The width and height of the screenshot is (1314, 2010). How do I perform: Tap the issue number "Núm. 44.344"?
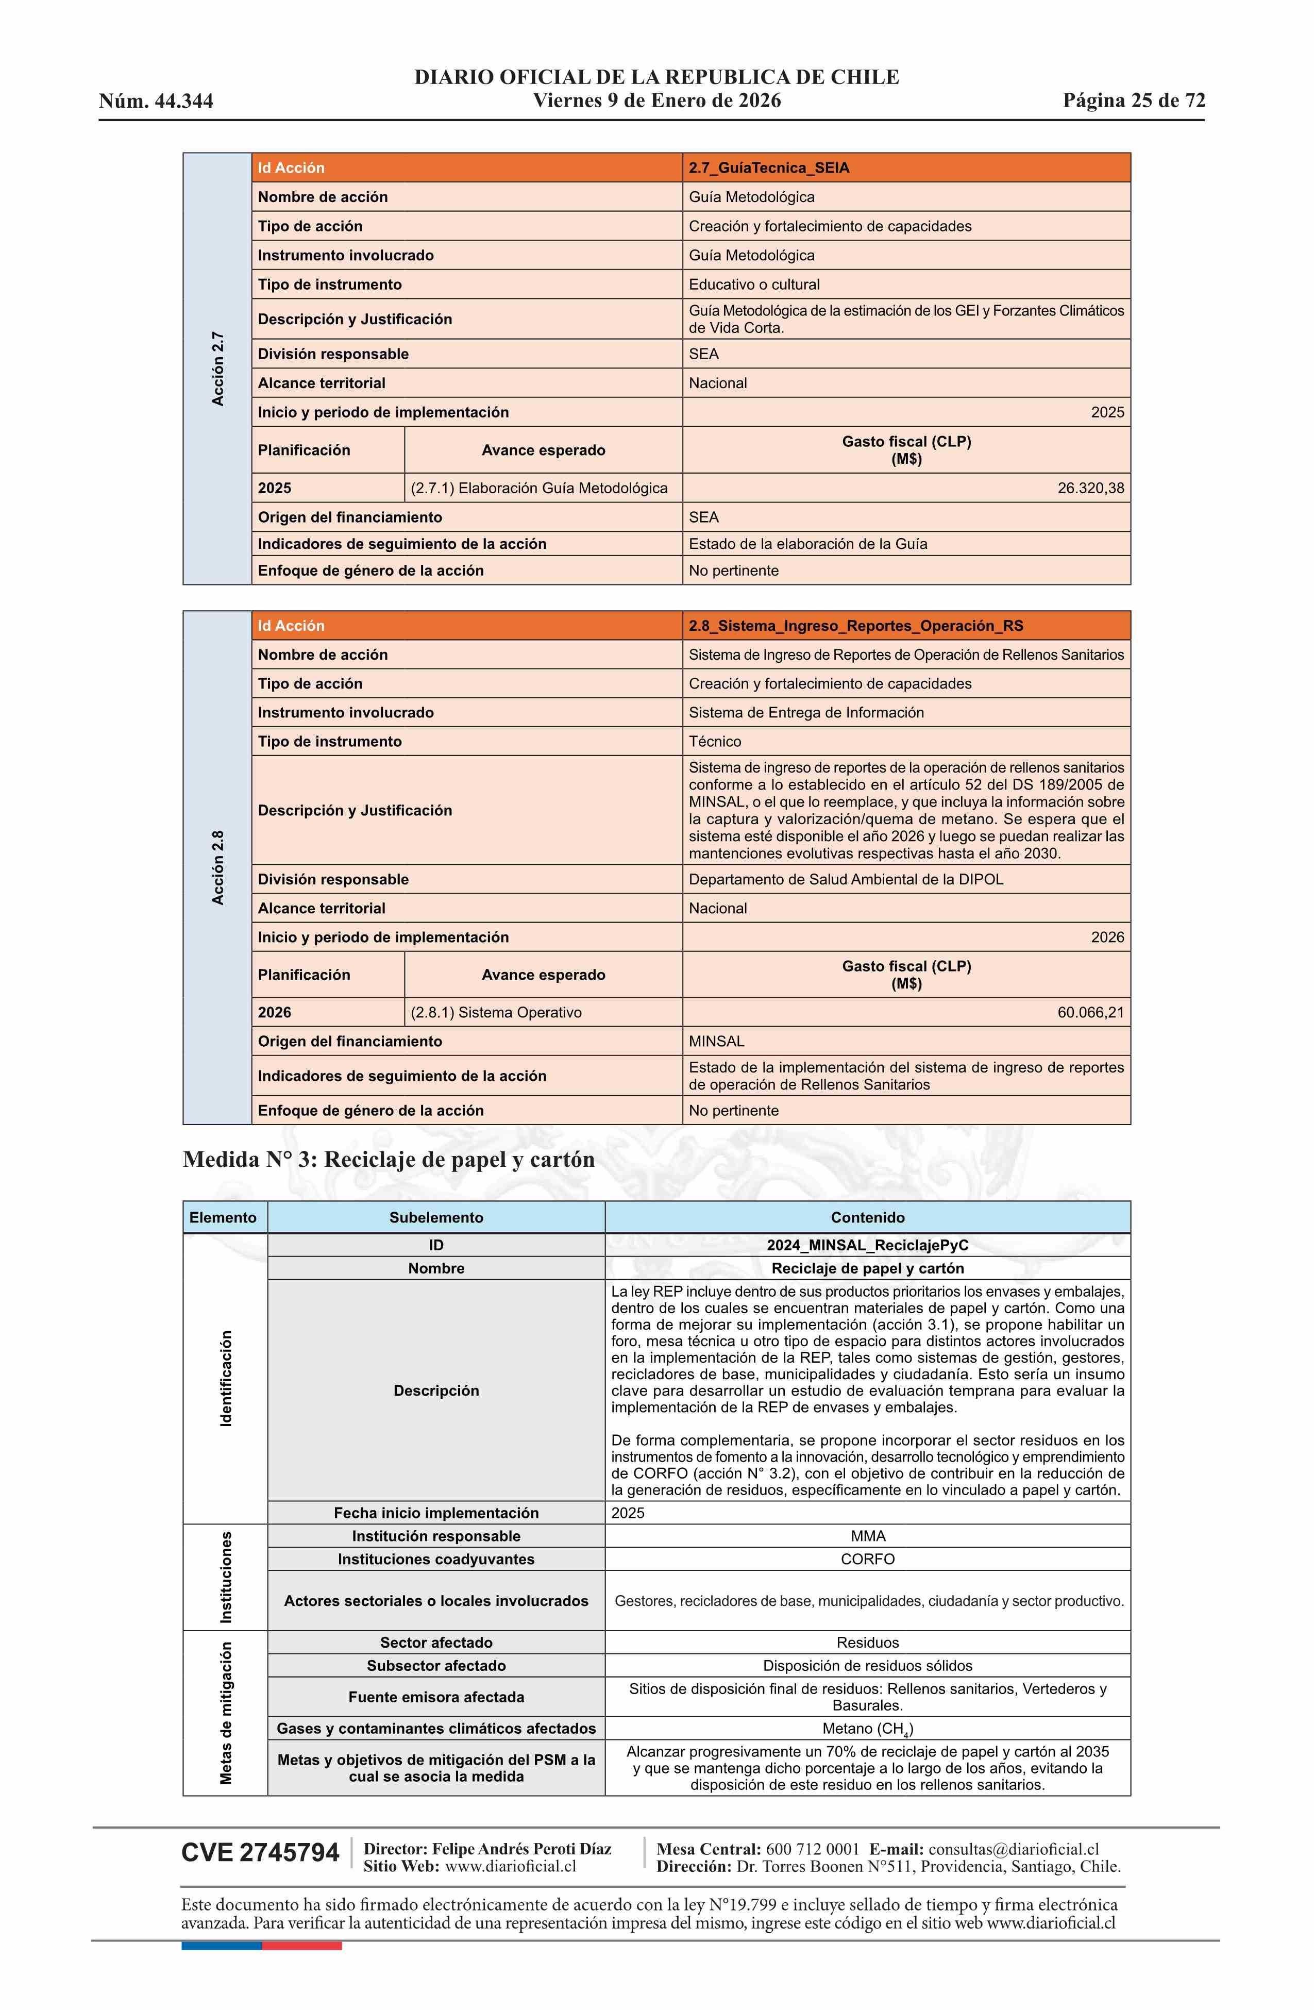click(x=156, y=102)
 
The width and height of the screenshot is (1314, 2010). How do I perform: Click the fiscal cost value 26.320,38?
click(x=1090, y=488)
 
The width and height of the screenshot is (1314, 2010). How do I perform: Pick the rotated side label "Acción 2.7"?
click(x=218, y=369)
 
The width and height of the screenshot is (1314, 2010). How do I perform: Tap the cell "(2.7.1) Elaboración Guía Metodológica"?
click(x=539, y=488)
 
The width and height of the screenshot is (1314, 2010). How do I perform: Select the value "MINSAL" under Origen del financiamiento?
click(x=717, y=1041)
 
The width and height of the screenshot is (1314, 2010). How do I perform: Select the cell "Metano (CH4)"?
click(x=867, y=1729)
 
